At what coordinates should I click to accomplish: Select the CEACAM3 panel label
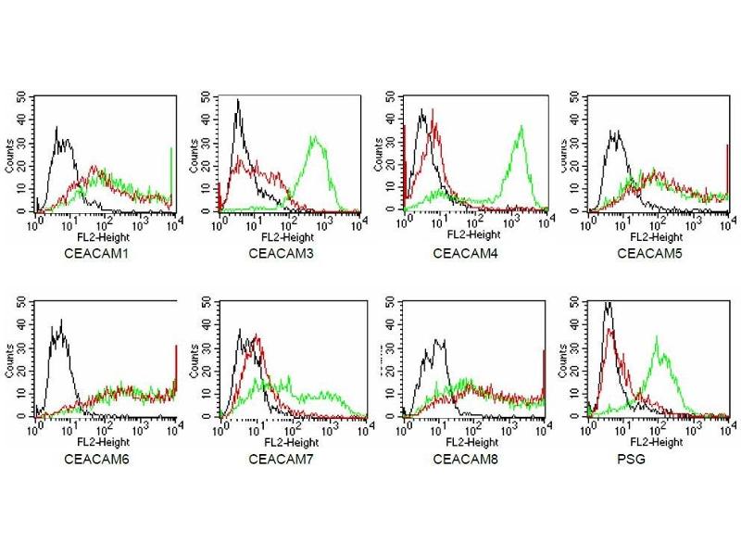click(x=276, y=251)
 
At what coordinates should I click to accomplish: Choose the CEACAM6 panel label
click(x=91, y=458)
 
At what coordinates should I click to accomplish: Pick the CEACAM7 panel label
click(x=276, y=458)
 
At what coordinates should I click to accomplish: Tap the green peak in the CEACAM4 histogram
click(x=521, y=127)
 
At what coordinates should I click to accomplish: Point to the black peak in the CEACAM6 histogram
click(x=60, y=321)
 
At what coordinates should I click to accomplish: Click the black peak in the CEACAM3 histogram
click(x=238, y=101)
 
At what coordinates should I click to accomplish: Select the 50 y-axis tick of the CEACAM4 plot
click(x=392, y=96)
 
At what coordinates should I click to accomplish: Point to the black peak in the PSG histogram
click(x=607, y=303)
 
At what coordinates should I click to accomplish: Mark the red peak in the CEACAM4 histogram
click(x=432, y=111)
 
